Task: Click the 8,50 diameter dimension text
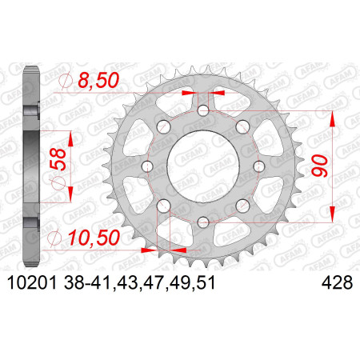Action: coord(98,80)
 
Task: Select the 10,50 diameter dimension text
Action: coord(94,238)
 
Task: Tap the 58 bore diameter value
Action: coord(58,159)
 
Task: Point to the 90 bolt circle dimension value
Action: coord(320,166)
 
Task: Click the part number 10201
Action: coord(32,282)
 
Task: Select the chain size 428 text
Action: coord(337,282)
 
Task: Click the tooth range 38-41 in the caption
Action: coord(87,282)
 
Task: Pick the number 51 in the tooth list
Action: coord(206,282)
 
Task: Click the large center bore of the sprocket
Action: coord(203,166)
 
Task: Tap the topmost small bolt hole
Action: coord(203,110)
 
